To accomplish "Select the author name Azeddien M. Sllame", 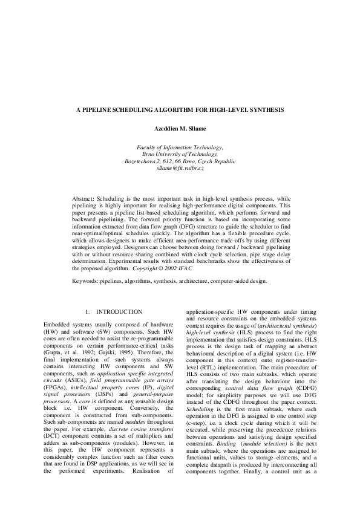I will (x=180, y=129).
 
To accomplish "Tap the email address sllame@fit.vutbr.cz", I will (x=180, y=169).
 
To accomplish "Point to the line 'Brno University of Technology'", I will (x=180, y=155).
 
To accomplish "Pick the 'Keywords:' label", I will (x=88, y=280).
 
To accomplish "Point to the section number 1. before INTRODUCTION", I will (x=88, y=311).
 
